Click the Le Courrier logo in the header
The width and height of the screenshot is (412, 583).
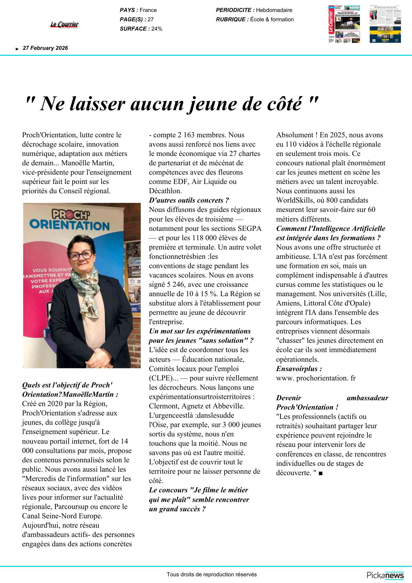(x=64, y=25)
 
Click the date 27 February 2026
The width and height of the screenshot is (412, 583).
(x=45, y=48)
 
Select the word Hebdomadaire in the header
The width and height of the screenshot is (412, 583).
(x=274, y=10)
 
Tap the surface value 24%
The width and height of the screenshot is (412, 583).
(x=157, y=29)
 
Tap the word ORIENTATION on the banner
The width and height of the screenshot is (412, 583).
(x=70, y=225)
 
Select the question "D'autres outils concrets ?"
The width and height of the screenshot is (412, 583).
(x=189, y=201)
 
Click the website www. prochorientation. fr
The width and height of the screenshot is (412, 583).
(x=316, y=378)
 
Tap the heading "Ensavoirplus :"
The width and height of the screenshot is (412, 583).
(x=299, y=369)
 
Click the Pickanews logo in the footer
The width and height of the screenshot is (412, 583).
(x=385, y=575)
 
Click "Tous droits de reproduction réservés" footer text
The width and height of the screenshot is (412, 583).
(x=212, y=575)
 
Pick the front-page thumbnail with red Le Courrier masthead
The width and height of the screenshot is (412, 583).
(x=344, y=24)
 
